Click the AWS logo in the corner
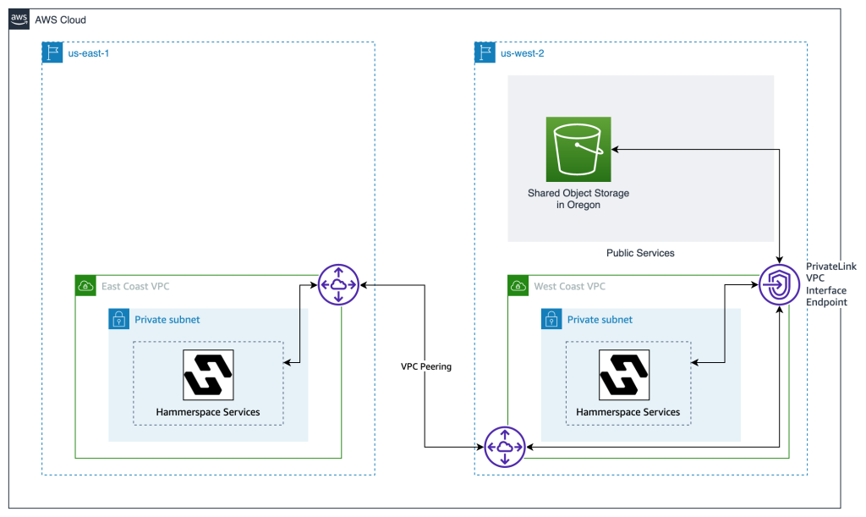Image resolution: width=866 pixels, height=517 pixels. click(x=19, y=19)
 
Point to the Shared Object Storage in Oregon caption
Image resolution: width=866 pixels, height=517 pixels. click(x=578, y=199)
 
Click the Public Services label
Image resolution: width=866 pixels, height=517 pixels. click(x=640, y=253)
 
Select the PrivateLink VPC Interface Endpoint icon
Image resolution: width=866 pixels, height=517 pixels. click(x=779, y=285)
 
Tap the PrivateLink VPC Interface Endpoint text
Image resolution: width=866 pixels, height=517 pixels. click(x=830, y=283)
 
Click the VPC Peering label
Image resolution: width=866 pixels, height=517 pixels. click(x=425, y=367)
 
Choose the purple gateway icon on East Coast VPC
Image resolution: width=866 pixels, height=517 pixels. click(x=338, y=285)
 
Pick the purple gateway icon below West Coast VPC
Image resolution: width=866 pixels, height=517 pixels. click(x=505, y=446)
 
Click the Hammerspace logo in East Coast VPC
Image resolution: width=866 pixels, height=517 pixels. click(x=208, y=375)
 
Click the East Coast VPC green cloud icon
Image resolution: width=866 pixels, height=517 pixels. click(x=85, y=285)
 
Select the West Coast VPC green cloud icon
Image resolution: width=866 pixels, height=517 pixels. click(x=518, y=285)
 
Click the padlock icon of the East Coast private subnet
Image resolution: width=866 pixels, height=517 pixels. click(x=119, y=319)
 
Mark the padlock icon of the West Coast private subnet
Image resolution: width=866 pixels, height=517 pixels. click(x=551, y=319)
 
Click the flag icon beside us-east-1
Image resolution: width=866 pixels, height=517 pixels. click(x=52, y=53)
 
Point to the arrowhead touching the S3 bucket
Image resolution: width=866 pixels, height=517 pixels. click(x=616, y=149)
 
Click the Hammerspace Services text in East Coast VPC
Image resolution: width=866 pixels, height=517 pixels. click(x=208, y=412)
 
